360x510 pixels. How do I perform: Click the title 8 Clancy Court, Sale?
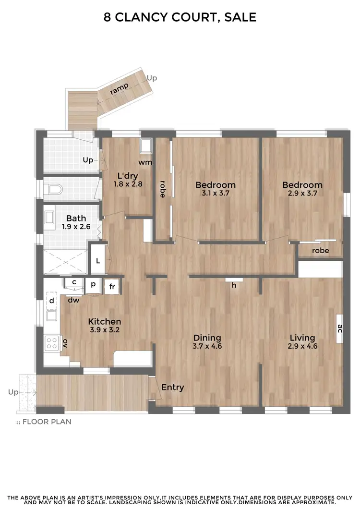(x=180, y=18)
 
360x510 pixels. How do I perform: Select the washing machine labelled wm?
(x=145, y=145)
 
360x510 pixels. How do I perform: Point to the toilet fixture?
(x=55, y=190)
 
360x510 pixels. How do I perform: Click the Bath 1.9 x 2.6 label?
(x=76, y=222)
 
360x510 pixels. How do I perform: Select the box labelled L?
(x=98, y=261)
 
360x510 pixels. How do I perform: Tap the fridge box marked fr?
(x=111, y=287)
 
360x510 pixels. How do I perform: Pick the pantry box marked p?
(x=94, y=284)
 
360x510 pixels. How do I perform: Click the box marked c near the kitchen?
(x=74, y=282)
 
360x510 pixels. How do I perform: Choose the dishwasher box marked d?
(x=51, y=301)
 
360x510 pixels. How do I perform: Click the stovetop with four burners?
(x=51, y=343)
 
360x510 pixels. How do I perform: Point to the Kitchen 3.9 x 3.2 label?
(x=104, y=326)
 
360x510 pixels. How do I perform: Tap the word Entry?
(x=172, y=387)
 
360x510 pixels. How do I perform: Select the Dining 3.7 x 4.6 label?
(x=207, y=341)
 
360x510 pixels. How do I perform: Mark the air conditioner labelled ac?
(x=339, y=328)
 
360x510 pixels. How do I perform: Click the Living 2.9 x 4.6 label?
(x=302, y=341)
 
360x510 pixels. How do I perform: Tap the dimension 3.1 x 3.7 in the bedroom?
(x=216, y=193)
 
